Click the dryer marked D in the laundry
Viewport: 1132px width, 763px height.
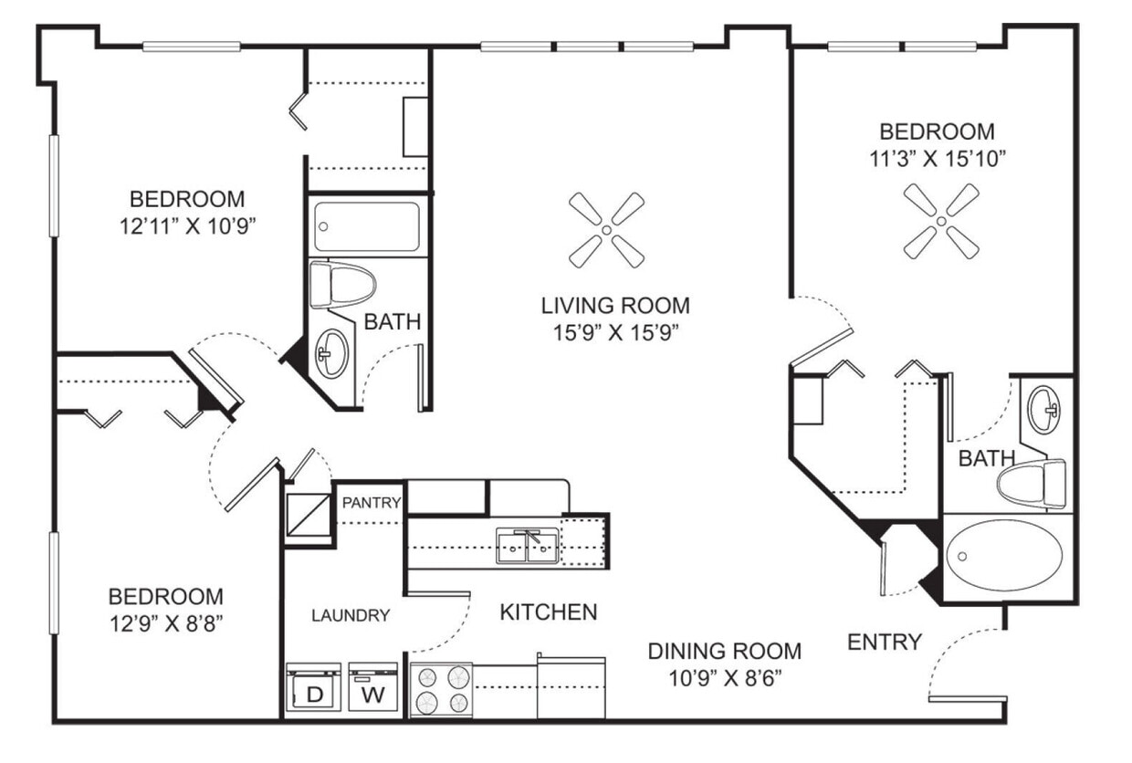[313, 689]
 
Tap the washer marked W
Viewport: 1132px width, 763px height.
[373, 689]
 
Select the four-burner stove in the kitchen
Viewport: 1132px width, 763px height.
[441, 690]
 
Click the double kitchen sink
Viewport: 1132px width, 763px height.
[528, 546]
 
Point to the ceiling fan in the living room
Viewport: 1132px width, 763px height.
[606, 230]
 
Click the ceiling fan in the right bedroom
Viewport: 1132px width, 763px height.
[941, 221]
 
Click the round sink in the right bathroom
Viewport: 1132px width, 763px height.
[1044, 412]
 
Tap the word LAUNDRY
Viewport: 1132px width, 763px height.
[351, 615]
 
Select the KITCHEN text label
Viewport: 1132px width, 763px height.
[549, 611]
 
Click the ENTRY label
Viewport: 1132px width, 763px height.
[884, 642]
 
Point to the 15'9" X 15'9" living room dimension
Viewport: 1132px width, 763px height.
[615, 332]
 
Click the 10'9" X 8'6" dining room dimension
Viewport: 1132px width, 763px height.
[725, 677]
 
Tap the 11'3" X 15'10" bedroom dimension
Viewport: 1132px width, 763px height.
[937, 158]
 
